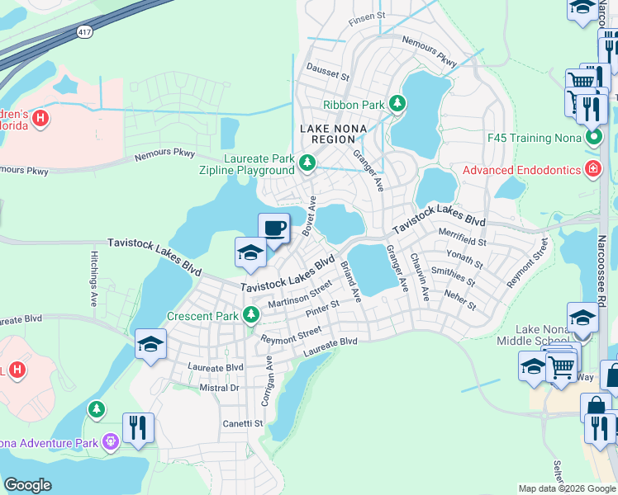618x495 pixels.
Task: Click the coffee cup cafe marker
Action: click(x=273, y=229)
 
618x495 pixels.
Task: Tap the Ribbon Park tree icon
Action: click(x=398, y=104)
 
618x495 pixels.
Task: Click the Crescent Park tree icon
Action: click(x=250, y=315)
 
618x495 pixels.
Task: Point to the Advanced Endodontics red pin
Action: click(x=592, y=171)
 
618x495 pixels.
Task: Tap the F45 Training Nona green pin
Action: click(x=592, y=136)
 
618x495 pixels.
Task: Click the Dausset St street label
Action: click(x=328, y=73)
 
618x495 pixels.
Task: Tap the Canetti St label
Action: click(x=241, y=424)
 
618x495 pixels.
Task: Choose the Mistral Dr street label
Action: click(x=219, y=387)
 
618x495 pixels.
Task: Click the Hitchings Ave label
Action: click(x=94, y=280)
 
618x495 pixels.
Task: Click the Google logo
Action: click(x=28, y=484)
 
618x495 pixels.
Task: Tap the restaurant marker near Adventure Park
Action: click(x=138, y=428)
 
